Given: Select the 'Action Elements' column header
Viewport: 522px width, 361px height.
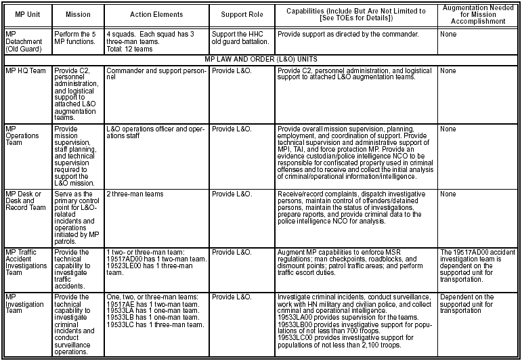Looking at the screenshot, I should click(x=156, y=15).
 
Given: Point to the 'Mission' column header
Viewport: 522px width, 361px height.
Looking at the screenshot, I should click(x=78, y=15).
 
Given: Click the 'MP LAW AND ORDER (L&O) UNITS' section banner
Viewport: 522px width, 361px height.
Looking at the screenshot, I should click(x=261, y=60).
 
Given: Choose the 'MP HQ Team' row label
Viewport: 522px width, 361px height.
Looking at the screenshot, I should click(x=26, y=70).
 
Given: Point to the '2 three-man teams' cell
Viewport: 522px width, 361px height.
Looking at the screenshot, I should click(x=135, y=194).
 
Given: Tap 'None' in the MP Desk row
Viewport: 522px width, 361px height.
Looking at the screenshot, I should click(x=448, y=194).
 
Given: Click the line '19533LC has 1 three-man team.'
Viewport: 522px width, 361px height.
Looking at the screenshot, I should click(x=155, y=324).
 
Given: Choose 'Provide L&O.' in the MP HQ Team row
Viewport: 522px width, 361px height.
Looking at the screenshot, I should click(x=229, y=70).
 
